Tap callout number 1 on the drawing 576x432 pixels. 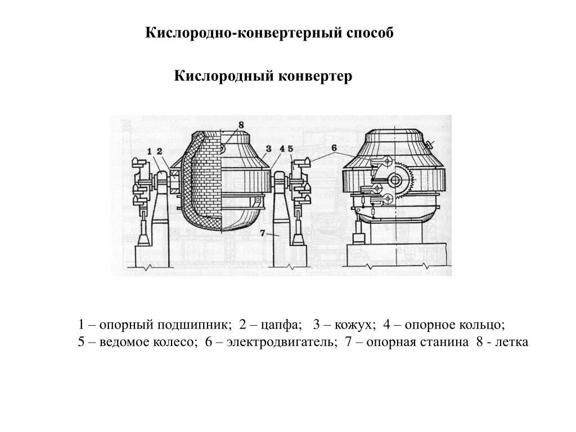coord(150,151)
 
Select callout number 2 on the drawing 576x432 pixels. coord(160,151)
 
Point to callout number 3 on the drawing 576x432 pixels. coord(268,149)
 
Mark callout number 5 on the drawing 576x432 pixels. coord(290,149)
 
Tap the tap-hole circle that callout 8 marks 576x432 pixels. coord(223,149)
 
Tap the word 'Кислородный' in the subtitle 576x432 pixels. coord(223,76)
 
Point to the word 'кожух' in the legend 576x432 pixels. coord(354,326)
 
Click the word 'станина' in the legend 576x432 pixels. coord(448,342)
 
